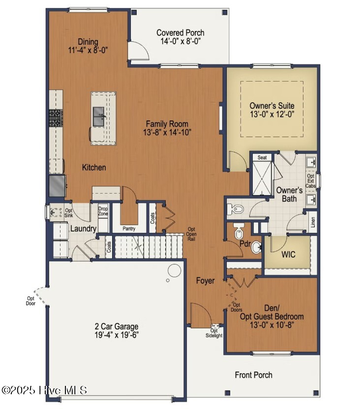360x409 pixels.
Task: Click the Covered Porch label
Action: pos(180,33)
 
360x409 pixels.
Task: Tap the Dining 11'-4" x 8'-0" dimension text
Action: pos(88,50)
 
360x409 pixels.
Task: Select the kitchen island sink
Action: pos(99,117)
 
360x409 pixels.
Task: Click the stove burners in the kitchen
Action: pos(56,118)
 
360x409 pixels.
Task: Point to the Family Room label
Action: pos(167,124)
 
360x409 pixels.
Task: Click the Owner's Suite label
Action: pos(272,106)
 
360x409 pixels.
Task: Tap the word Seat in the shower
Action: pos(262,157)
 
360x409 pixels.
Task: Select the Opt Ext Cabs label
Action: pos(310,181)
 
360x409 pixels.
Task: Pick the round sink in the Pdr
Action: pos(256,247)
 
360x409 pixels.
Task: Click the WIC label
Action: pos(288,254)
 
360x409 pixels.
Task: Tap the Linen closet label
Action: pos(313,222)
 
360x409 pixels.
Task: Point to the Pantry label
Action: pos(129,229)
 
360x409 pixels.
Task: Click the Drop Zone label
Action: pos(103,211)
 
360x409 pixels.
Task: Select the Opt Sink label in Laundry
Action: pos(69,213)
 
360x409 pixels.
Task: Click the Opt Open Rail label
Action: pos(191,234)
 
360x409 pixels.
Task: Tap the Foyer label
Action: pos(205,281)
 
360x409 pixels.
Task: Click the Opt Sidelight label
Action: pos(214,333)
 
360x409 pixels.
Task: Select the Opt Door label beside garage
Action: pos(30,301)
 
